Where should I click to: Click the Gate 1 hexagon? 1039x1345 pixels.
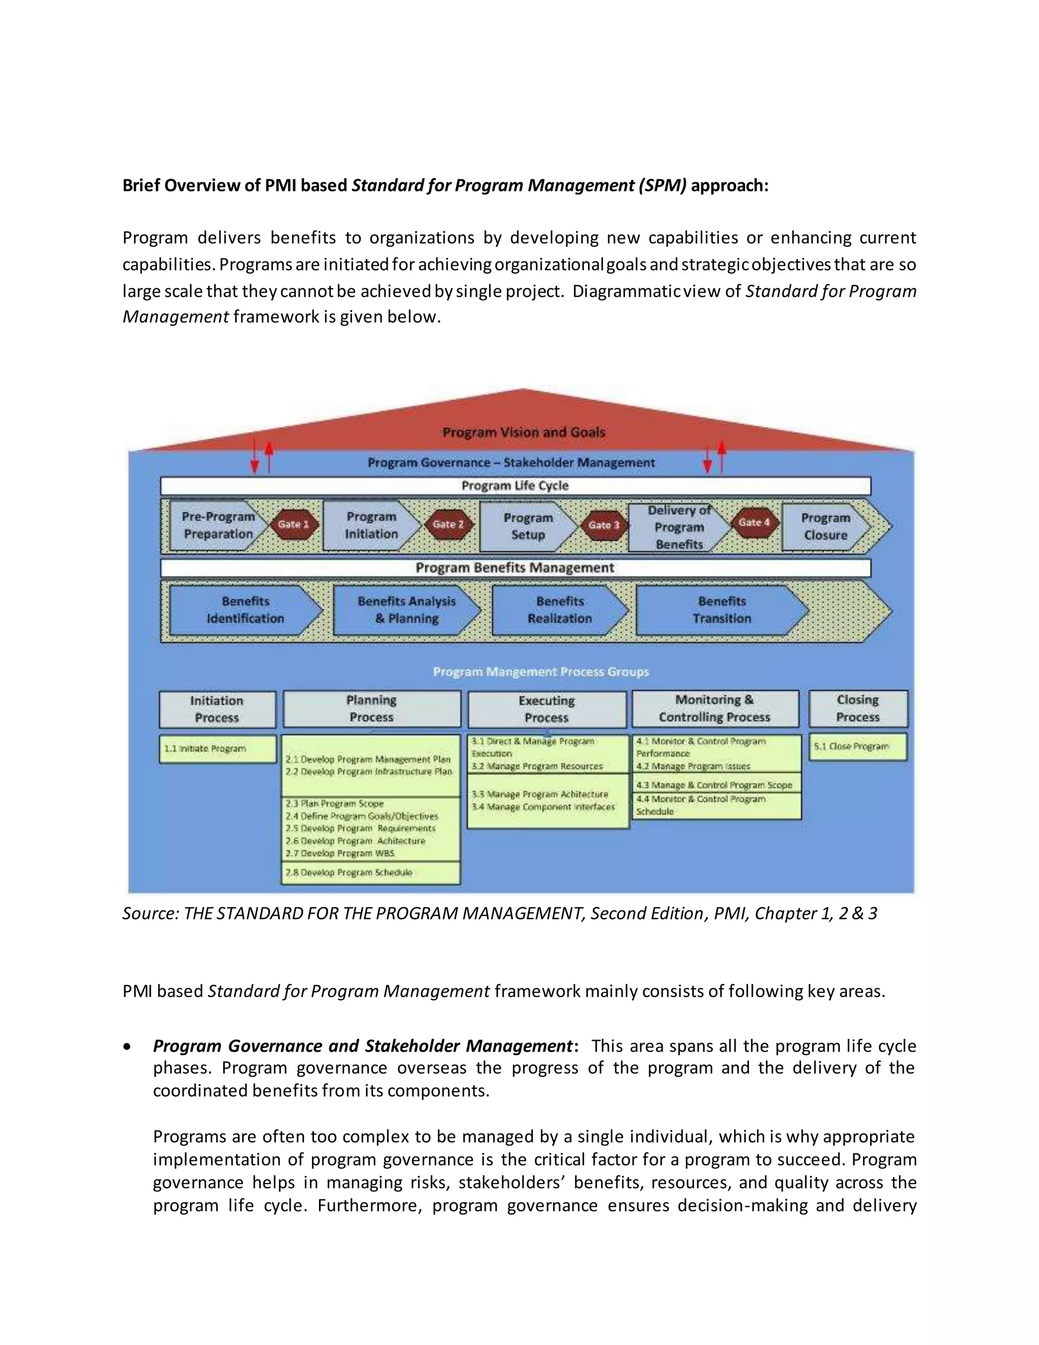294,525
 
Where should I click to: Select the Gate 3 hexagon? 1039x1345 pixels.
603,525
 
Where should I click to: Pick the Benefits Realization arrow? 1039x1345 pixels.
559,610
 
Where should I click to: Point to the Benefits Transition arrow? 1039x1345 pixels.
721,610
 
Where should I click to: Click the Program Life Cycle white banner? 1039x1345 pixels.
515,486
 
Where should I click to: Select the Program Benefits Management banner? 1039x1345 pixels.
515,568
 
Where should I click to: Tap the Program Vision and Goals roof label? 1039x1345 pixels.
524,432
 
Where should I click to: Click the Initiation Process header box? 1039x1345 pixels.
217,709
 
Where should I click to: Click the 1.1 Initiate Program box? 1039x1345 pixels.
217,749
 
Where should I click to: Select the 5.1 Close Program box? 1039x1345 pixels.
857,747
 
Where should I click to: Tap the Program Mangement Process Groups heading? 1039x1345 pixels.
541,672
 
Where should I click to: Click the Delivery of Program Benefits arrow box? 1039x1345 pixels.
679,527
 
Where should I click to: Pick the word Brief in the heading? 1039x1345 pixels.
141,185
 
